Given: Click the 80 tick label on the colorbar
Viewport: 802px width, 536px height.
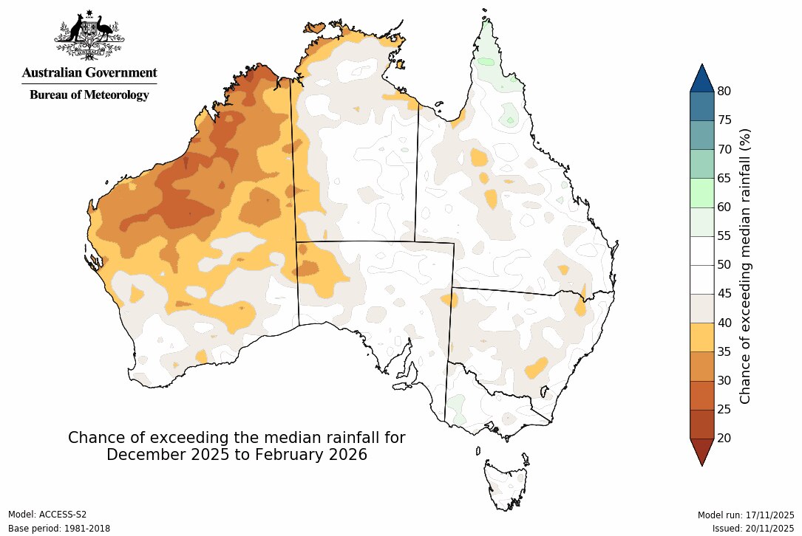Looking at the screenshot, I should click(724, 92).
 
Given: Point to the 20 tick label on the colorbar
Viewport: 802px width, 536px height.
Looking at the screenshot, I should click(724, 439).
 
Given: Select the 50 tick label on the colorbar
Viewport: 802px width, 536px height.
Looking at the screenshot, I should click(724, 265).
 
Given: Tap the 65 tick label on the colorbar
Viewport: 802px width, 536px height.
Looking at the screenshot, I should click(724, 179).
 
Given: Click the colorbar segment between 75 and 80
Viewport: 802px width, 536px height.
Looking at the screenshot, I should click(701, 106).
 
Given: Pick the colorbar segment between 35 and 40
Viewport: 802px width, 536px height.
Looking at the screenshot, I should click(701, 337).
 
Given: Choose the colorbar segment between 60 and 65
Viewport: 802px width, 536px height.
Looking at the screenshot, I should click(701, 193).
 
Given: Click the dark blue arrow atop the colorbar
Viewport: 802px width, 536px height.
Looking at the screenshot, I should click(701, 78).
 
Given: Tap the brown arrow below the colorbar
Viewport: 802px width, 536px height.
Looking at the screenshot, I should click(701, 450).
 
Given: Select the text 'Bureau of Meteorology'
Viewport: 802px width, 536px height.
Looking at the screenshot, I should click(89, 95).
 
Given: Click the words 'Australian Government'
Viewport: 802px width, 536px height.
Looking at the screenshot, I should click(89, 72).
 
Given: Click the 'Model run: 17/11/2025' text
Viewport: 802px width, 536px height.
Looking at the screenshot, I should click(746, 515).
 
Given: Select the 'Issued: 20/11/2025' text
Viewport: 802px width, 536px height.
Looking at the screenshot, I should click(753, 529).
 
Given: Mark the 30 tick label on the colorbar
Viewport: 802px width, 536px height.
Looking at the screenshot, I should click(724, 381).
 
